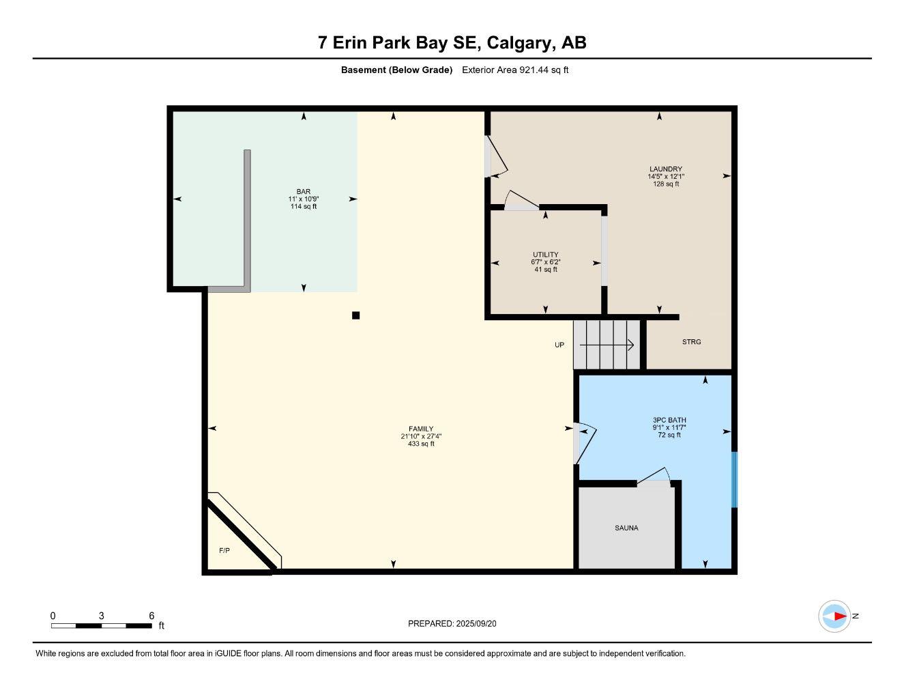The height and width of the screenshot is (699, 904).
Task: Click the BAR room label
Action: [x=303, y=191]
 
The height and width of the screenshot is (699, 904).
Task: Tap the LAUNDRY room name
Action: [x=665, y=169]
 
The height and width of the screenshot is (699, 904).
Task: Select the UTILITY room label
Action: [x=545, y=255]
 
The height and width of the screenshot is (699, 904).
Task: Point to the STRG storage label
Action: [x=691, y=342]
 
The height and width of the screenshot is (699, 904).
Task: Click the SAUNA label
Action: [x=626, y=528]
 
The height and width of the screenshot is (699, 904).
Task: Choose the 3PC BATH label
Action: [x=669, y=420]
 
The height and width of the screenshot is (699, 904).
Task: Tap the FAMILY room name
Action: [x=421, y=429]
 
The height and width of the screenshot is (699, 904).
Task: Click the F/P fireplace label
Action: [x=224, y=550]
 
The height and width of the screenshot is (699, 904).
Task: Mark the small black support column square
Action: [x=355, y=315]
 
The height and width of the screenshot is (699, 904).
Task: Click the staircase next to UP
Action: [x=607, y=345]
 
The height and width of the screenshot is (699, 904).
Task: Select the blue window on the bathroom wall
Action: [x=734, y=479]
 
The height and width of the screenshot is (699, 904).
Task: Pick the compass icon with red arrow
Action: [x=834, y=616]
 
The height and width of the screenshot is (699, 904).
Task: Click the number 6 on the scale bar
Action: [x=151, y=615]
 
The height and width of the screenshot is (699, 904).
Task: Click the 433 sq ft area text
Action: [x=421, y=444]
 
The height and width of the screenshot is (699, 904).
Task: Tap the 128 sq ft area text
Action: [x=665, y=184]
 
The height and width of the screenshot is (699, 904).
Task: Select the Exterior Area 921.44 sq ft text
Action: [x=515, y=70]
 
